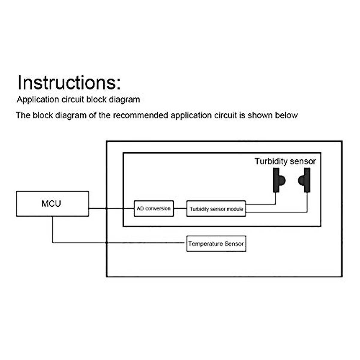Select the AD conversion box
click(154, 208)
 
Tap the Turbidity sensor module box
click(216, 209)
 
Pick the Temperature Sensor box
click(216, 244)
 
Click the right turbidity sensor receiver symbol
click(305, 180)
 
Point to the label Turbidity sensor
click(285, 161)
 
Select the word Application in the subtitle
click(38, 100)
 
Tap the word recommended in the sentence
click(141, 115)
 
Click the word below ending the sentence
click(286, 115)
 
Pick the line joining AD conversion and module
click(180, 208)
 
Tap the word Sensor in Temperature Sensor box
click(234, 244)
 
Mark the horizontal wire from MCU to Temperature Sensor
click(120, 242)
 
